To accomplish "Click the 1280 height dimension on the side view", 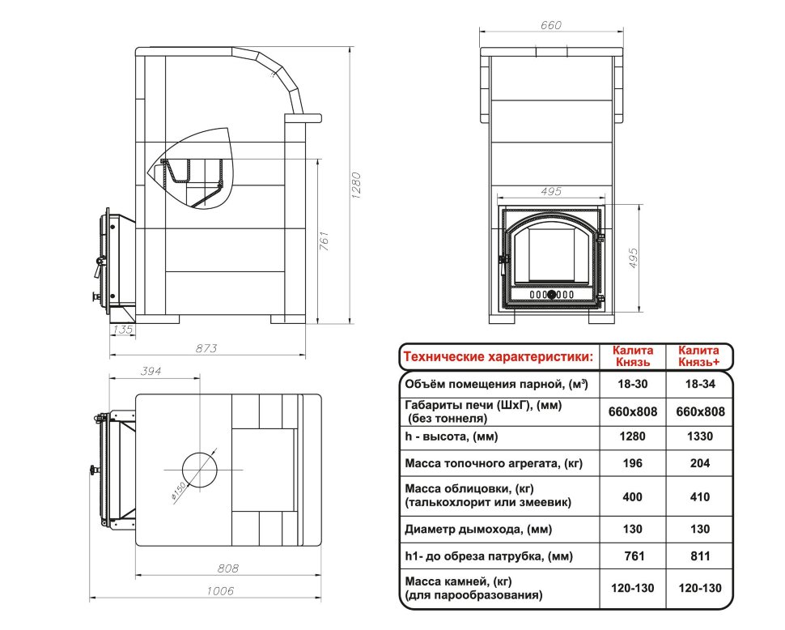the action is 356,185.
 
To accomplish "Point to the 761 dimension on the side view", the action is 324,241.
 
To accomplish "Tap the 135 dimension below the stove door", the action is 123,329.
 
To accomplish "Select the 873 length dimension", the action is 206,348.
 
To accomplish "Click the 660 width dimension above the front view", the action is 551,25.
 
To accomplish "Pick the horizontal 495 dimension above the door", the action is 551,191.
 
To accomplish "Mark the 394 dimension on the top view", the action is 151,371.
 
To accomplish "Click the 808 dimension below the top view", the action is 227,568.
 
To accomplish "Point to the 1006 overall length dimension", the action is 220,591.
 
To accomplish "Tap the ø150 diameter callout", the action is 179,491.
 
